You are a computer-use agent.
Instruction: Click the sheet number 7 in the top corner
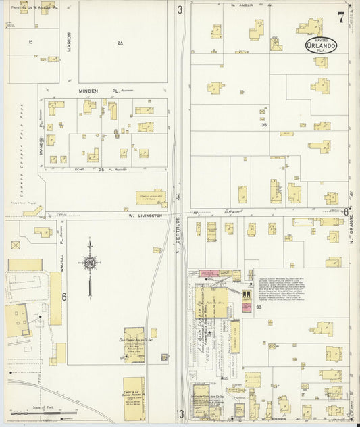(342, 18)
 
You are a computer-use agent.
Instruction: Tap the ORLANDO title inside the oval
(317, 46)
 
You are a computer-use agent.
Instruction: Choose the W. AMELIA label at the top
(240, 5)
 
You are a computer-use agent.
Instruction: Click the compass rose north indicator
(89, 263)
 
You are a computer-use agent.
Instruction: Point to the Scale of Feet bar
(51, 412)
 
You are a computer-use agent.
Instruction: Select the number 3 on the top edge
(180, 9)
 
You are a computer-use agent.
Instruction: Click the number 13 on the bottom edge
(180, 413)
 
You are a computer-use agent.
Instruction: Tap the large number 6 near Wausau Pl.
(64, 297)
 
